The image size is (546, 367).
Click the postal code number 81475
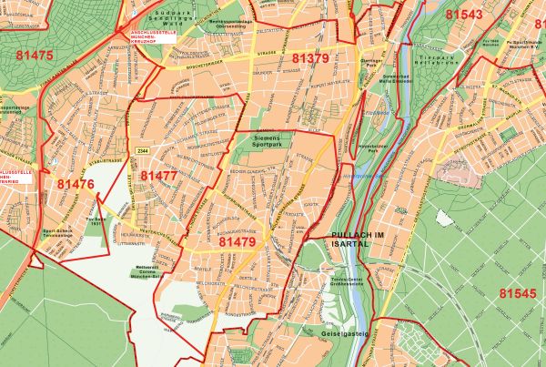[x=35, y=56]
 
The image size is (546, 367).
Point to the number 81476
[x=76, y=184]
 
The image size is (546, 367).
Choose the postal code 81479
[x=238, y=243]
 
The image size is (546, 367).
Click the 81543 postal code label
[x=465, y=15]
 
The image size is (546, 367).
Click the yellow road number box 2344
[x=142, y=150]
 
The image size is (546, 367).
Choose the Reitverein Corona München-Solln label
[x=147, y=271]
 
